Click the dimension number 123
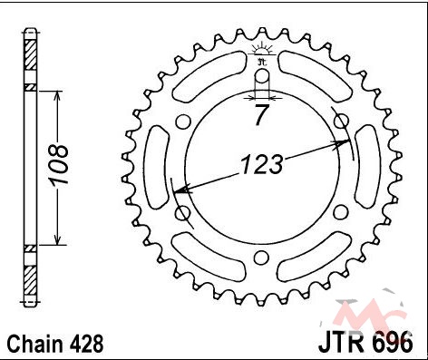[262, 165]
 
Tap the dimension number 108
[58, 164]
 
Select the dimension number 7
[261, 115]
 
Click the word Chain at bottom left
[35, 344]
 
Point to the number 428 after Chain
[87, 344]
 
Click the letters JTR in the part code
[341, 343]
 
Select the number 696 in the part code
[392, 343]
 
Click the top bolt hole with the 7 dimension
[262, 75]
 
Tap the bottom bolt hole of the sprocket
[261, 258]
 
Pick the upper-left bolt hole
[183, 122]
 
